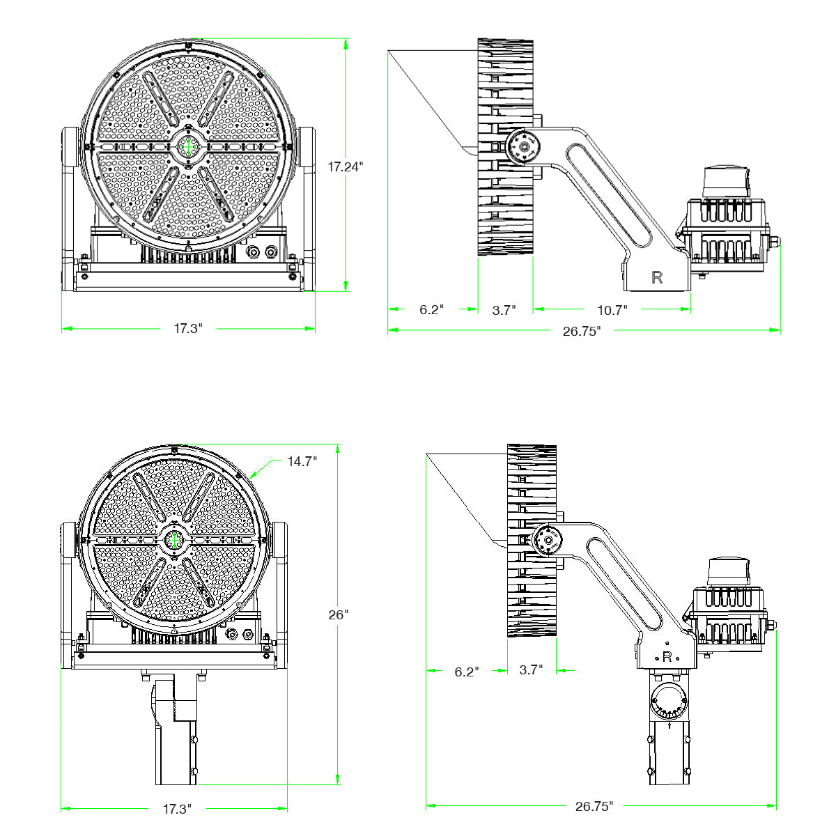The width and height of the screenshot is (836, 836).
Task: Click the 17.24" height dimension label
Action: coord(346,167)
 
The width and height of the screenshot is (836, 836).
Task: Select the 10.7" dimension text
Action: coord(613,309)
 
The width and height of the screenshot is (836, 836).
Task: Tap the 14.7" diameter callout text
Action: coord(302,461)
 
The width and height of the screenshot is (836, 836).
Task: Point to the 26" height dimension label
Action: coord(339,614)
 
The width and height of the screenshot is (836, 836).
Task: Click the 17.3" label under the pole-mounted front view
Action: coord(177,809)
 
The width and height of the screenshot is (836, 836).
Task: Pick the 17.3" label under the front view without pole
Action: coord(188,328)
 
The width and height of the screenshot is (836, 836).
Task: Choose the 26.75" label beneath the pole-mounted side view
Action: coord(594,807)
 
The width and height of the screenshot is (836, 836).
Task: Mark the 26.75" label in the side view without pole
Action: coord(582,332)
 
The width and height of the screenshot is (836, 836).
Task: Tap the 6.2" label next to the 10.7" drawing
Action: coord(431,309)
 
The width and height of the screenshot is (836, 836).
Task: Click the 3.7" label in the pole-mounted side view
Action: coord(531,670)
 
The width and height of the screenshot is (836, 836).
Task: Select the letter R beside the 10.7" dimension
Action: coord(657,277)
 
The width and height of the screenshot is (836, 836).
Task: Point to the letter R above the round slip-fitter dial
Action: coord(667,656)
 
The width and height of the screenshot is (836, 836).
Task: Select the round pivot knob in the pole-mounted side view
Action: coord(549,541)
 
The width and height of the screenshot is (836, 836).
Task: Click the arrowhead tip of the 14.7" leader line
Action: coord(251,478)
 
